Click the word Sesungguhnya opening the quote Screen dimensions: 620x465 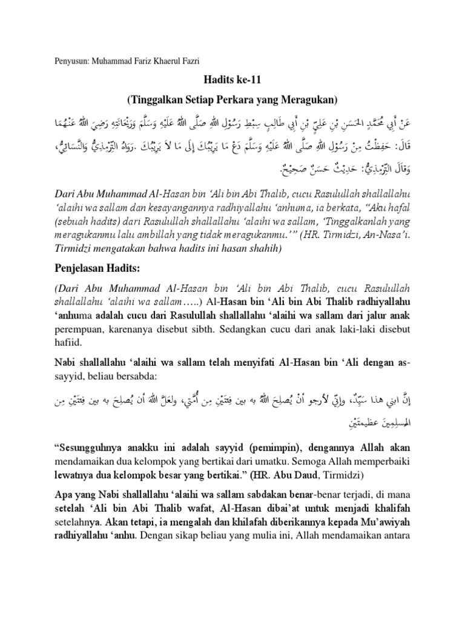click(94, 447)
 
